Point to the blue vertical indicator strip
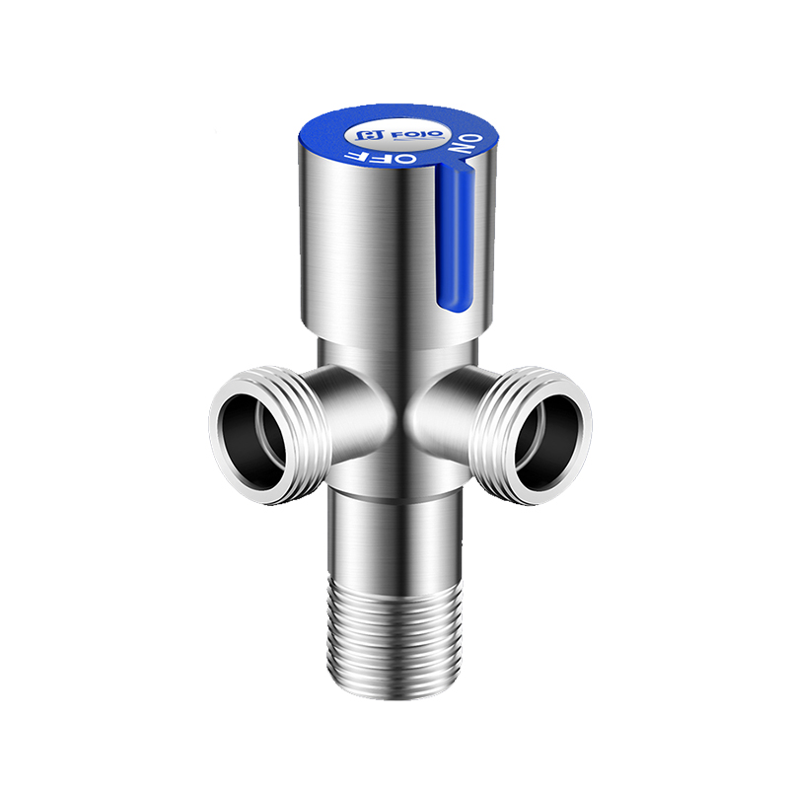tap(455, 237)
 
